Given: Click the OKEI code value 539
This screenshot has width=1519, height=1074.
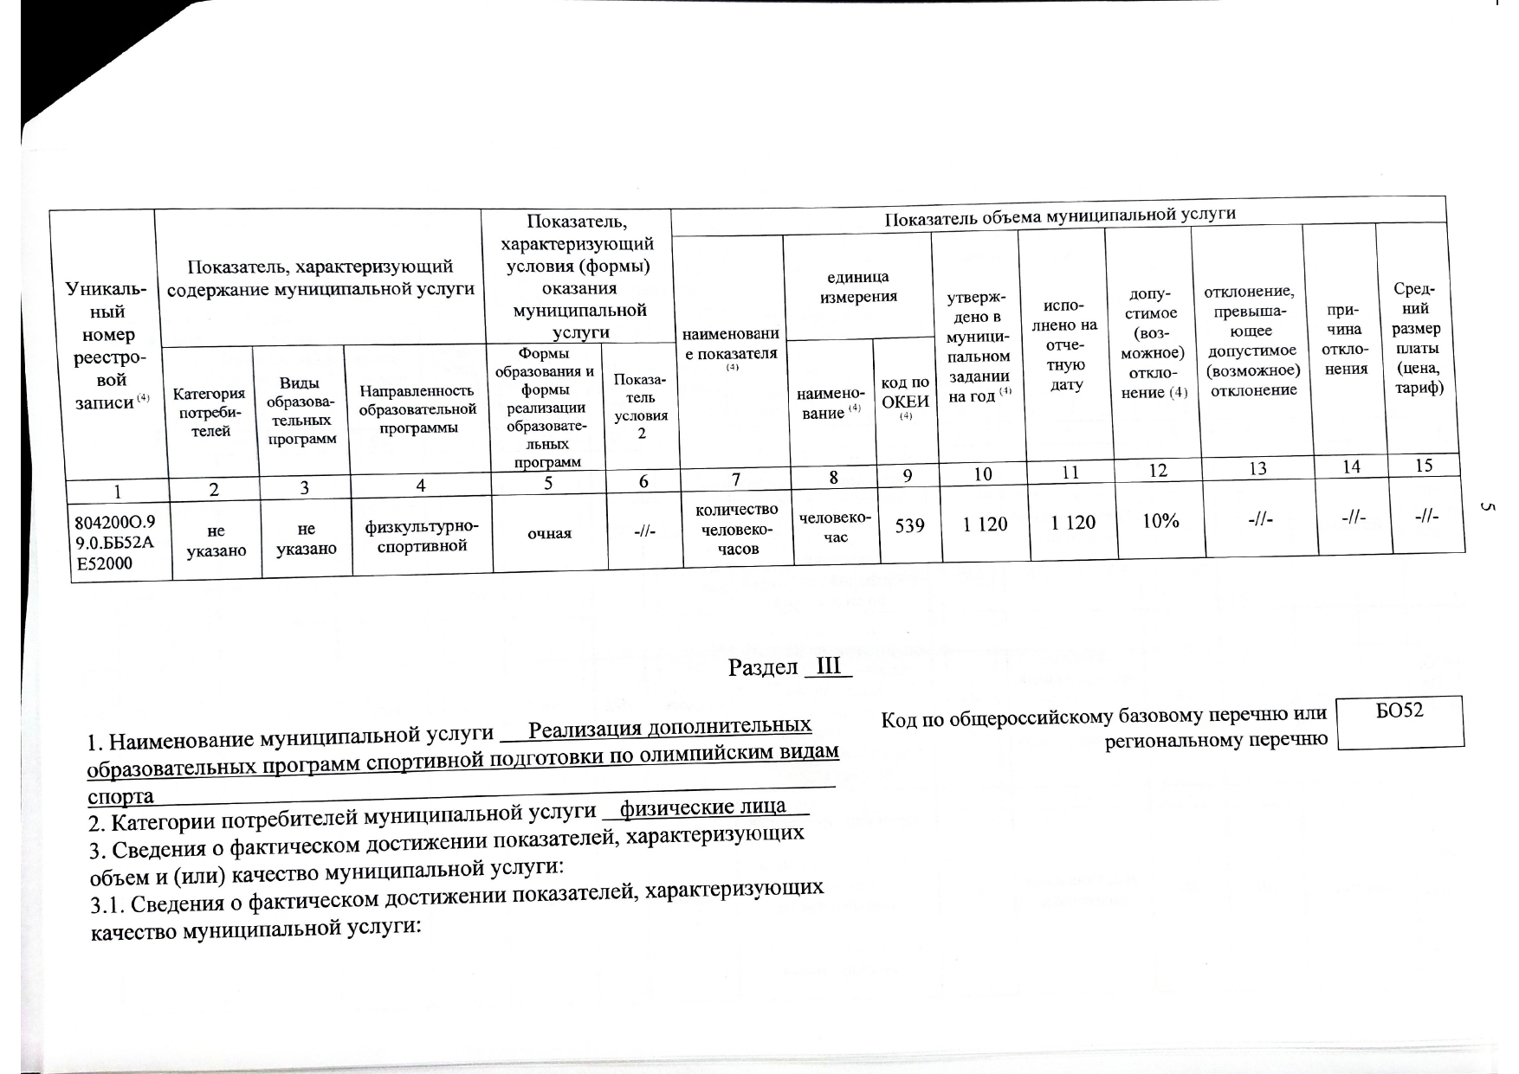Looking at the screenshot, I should point(909,524).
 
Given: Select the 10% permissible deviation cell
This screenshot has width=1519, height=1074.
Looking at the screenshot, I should point(1160,520).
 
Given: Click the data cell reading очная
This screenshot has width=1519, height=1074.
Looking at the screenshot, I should point(550,532).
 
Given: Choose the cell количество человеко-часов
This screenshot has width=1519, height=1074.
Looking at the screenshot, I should point(737,529).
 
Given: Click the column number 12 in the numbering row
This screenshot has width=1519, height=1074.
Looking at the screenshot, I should point(1157,471).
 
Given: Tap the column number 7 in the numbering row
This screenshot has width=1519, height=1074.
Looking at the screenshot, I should point(735,478).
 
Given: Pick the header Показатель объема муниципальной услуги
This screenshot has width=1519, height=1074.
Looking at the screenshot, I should point(1059,215).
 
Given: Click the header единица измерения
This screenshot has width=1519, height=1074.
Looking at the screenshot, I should point(857,286).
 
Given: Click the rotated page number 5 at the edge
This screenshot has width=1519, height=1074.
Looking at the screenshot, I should point(1482,508).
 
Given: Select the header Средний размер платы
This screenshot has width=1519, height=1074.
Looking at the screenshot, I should point(1416,338).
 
